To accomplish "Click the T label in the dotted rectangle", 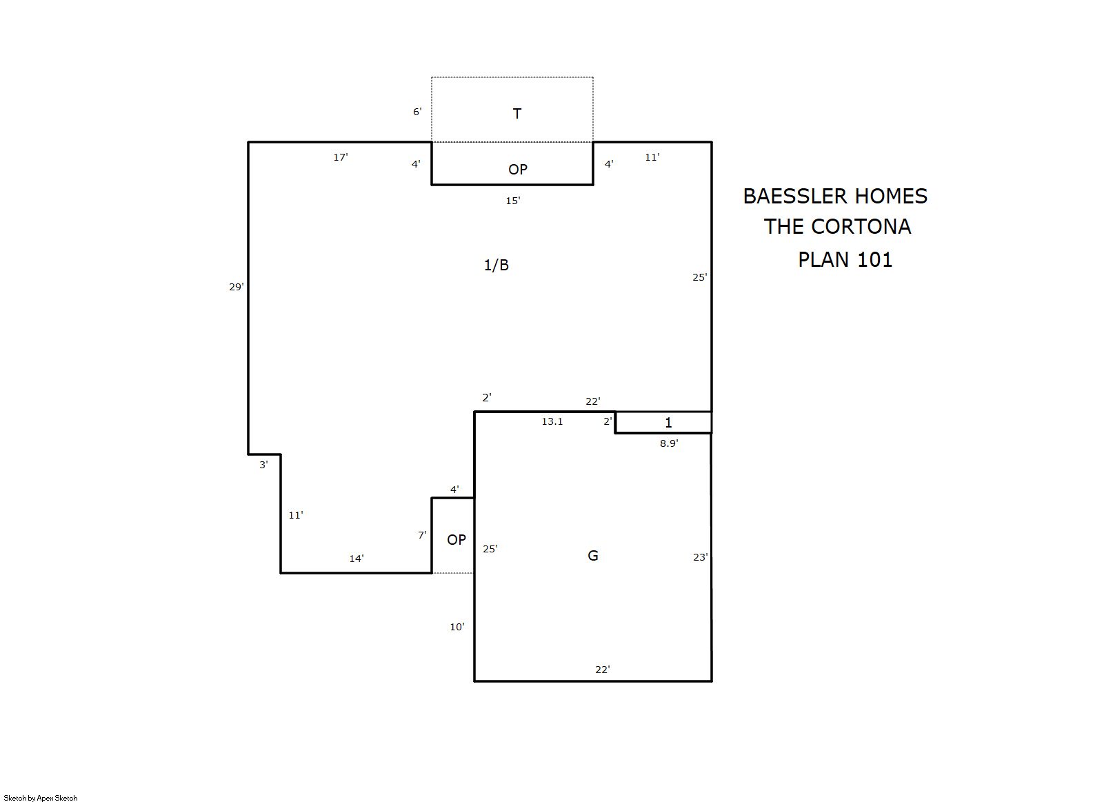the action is click(x=517, y=114).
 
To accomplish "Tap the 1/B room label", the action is click(x=497, y=265).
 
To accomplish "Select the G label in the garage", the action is click(x=593, y=556).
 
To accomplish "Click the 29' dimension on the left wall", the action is click(x=237, y=287).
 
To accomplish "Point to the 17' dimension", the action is click(x=341, y=157).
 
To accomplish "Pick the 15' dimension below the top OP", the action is click(x=513, y=201).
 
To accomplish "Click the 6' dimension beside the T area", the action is click(x=417, y=112).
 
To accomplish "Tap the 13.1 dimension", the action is click(x=552, y=421).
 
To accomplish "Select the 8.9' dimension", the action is click(x=669, y=443).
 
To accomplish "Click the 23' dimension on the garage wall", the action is click(x=701, y=557).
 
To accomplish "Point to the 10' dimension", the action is click(x=457, y=627).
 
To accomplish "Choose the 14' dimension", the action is click(x=357, y=559).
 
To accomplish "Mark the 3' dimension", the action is click(x=263, y=465).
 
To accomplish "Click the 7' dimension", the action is click(x=422, y=535).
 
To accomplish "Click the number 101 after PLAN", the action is click(x=875, y=260).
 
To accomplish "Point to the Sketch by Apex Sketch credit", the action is click(x=41, y=798).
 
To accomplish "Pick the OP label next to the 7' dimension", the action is click(x=457, y=540).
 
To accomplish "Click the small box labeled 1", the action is click(x=663, y=423).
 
